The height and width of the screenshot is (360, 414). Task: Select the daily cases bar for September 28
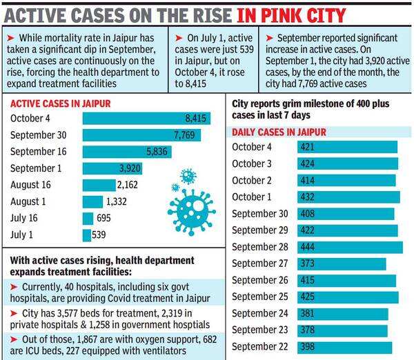coord(350,247)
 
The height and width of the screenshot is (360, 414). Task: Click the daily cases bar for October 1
coord(348,197)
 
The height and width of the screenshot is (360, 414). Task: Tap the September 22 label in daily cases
coord(259,346)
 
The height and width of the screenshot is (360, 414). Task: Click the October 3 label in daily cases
coord(252,164)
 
